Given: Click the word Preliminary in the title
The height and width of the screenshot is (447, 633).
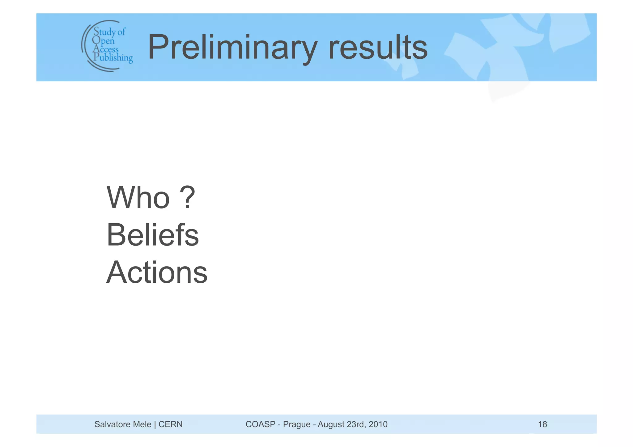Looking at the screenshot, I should click(x=232, y=48).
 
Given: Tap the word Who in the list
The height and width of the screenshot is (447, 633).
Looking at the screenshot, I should click(x=138, y=198).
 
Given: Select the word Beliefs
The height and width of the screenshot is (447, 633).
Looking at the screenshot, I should click(x=153, y=235).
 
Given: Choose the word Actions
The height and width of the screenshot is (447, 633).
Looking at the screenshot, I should click(x=157, y=272).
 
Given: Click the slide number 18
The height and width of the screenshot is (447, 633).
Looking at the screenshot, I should click(x=542, y=424).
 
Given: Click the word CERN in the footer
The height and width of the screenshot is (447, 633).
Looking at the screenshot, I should click(x=170, y=424).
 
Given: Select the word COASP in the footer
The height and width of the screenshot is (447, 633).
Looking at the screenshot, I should click(x=260, y=424).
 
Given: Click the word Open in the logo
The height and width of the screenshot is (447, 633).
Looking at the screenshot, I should click(x=103, y=40).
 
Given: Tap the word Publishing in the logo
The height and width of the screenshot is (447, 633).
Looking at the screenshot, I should click(x=113, y=57).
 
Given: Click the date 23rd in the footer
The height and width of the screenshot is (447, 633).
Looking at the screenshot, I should click(x=355, y=424).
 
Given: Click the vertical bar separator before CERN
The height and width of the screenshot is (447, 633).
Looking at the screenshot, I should click(x=155, y=424).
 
